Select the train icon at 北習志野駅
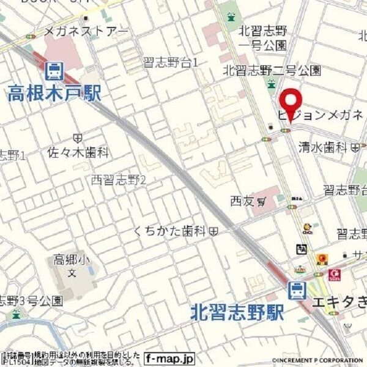pos(298,290)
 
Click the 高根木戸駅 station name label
pos(55,93)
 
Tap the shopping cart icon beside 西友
pos(261,201)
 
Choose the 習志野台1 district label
pos(171,62)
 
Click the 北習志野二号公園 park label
pos(272,70)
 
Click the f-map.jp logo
pos(170,358)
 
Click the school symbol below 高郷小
pos(72,272)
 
